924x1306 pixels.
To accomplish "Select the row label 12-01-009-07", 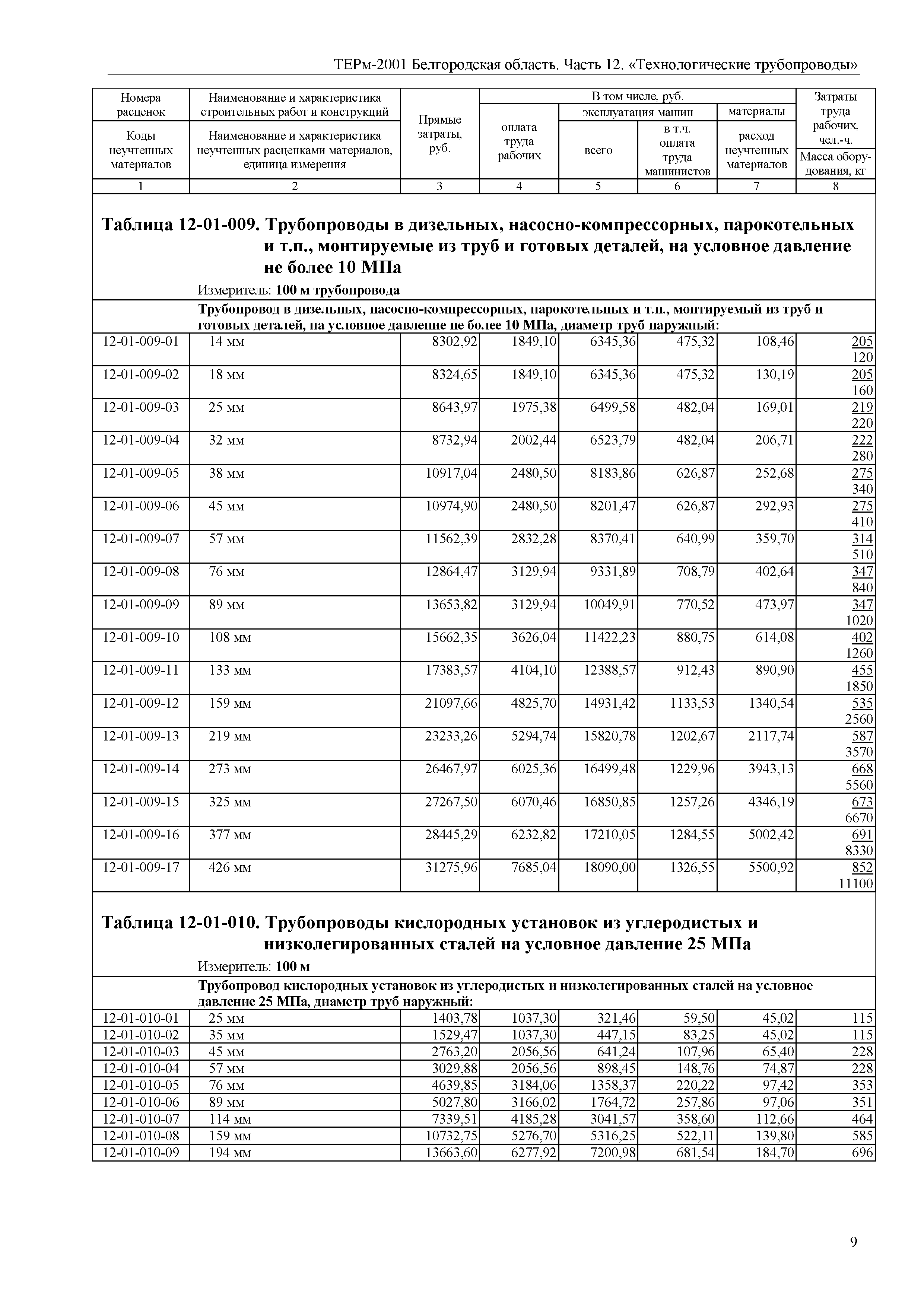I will (140, 538).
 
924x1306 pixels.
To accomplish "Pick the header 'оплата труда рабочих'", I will (519, 141).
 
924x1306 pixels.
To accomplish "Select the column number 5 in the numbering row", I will (598, 186).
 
